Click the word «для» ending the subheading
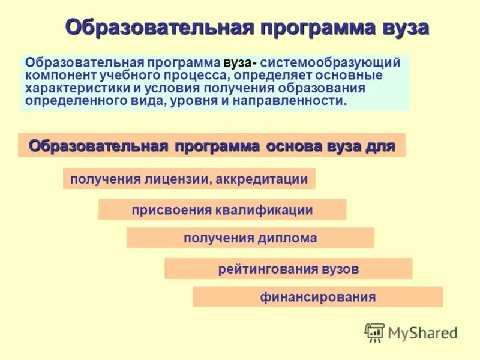point(380,146)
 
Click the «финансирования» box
point(317,297)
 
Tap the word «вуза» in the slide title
point(406,28)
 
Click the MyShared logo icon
point(375,332)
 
